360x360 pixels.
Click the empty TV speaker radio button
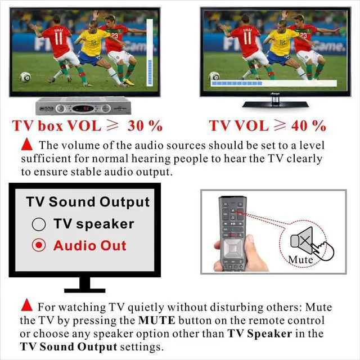(38, 224)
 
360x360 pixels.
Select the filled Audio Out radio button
(38, 246)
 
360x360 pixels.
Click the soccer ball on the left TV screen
(25, 76)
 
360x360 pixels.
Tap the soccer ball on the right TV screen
(214, 76)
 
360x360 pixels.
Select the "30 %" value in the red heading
(145, 125)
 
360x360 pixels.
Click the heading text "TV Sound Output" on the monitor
(88, 202)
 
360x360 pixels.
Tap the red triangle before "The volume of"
(26, 145)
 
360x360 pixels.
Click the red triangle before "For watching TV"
(26, 306)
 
